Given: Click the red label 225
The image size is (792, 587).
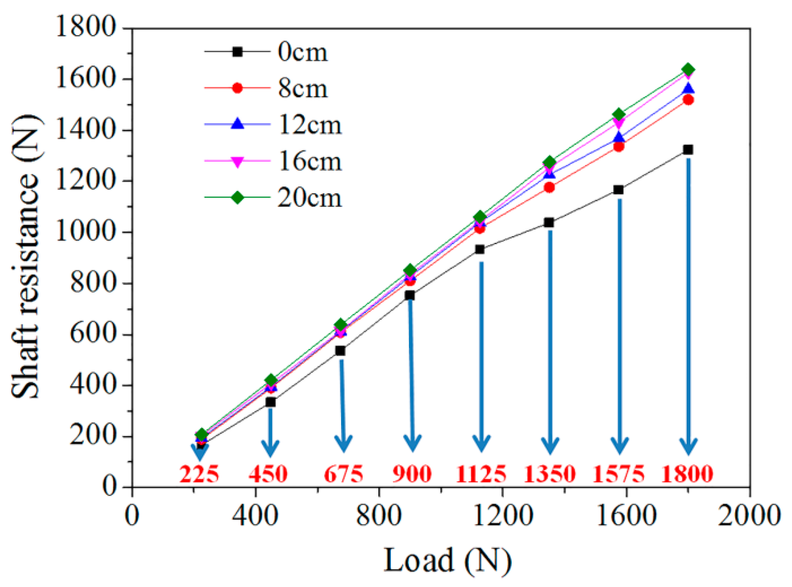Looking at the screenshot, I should pos(199,474).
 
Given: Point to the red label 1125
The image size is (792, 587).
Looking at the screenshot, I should pos(481,474).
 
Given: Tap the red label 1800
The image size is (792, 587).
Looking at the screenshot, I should pos(687,474).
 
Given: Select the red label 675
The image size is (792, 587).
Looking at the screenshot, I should pos(343,474).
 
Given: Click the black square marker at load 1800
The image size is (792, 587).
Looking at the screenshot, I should pos(688,150).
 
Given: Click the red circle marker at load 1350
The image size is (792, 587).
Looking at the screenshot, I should pos(549,188).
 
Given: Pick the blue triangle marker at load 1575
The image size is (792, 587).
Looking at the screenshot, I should pos(619,137).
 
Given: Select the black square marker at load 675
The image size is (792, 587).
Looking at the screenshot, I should pos(340,351).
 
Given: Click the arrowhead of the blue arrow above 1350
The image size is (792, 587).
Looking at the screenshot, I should pos(550,446).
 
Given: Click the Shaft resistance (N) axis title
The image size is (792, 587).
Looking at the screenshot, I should pos(26,256).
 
